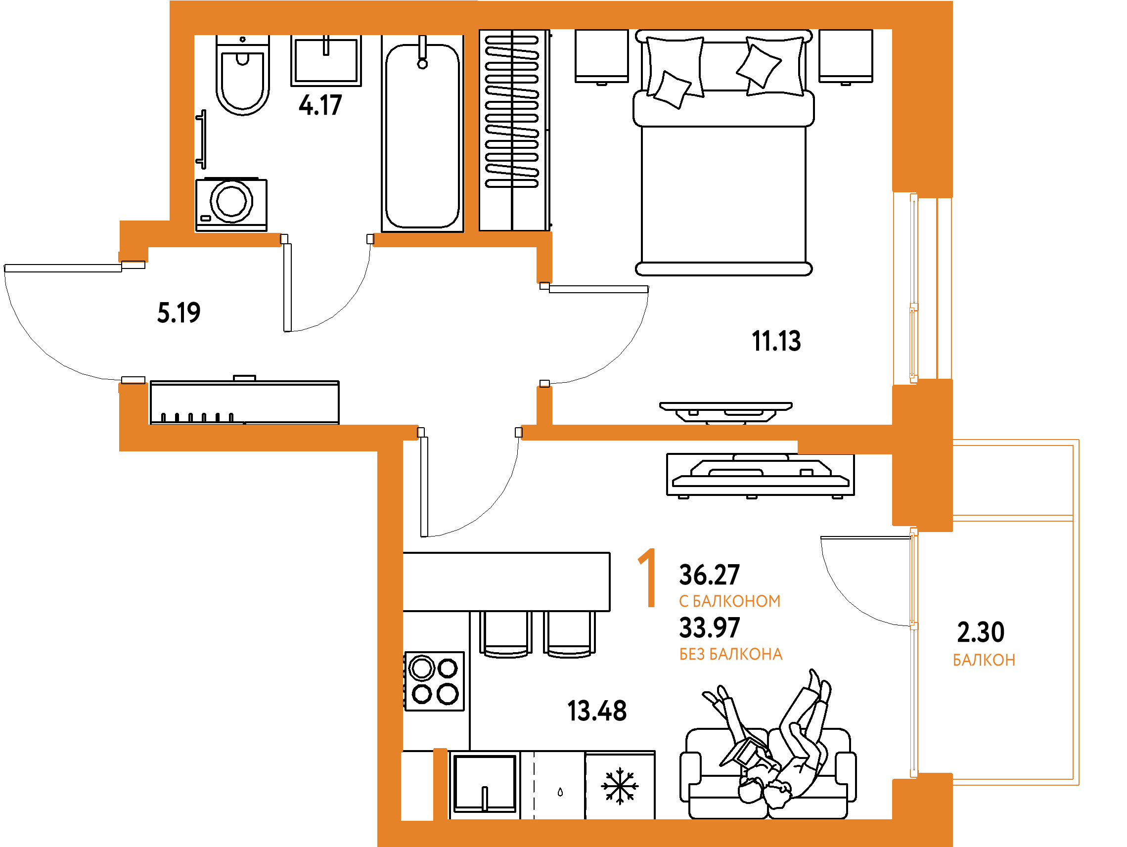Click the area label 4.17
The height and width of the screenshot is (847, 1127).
click(x=320, y=105)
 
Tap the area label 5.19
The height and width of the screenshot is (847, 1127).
click(x=179, y=312)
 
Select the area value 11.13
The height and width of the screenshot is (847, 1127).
click(x=776, y=341)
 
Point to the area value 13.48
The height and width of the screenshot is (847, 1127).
click(x=596, y=711)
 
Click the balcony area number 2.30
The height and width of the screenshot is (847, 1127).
click(x=980, y=632)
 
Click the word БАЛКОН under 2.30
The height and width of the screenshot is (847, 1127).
click(x=984, y=661)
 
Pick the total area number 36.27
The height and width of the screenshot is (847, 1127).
click(x=709, y=575)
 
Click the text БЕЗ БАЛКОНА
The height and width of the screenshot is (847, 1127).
click(x=730, y=655)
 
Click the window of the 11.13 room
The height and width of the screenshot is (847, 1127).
click(x=922, y=288)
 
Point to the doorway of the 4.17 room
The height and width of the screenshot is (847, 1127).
click(x=326, y=239)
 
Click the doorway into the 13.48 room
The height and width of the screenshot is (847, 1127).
click(x=469, y=433)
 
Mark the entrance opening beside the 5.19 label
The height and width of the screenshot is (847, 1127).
click(x=134, y=322)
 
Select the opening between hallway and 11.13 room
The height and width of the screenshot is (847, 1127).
click(x=544, y=335)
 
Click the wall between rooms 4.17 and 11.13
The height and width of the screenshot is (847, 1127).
click(x=471, y=133)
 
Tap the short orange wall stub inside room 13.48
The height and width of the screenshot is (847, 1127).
click(x=440, y=784)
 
